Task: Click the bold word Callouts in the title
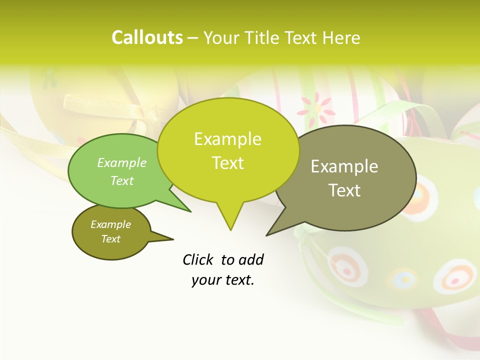click(x=147, y=37)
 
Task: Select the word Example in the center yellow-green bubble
click(x=227, y=139)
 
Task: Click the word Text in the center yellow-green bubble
click(x=227, y=163)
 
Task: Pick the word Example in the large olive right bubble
click(x=344, y=166)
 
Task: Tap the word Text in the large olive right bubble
click(x=344, y=190)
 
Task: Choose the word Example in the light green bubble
click(x=122, y=162)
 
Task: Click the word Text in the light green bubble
click(x=122, y=180)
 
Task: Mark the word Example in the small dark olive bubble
click(x=110, y=224)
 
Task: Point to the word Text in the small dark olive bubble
click(x=110, y=239)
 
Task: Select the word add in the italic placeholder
click(x=251, y=259)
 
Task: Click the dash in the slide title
click(x=193, y=38)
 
